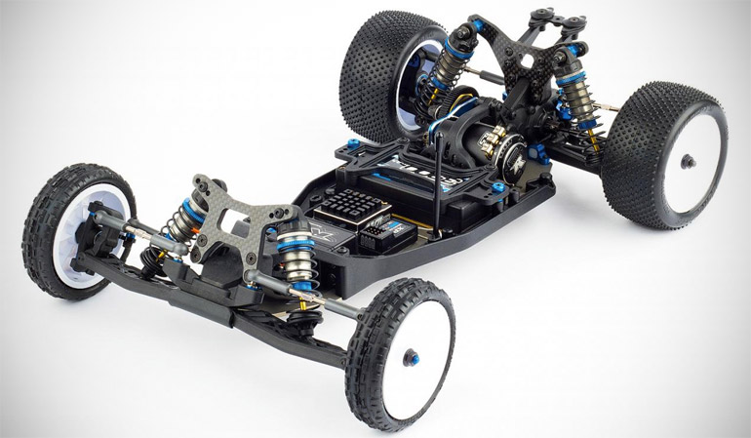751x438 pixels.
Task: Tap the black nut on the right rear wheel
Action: click(x=690, y=161)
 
